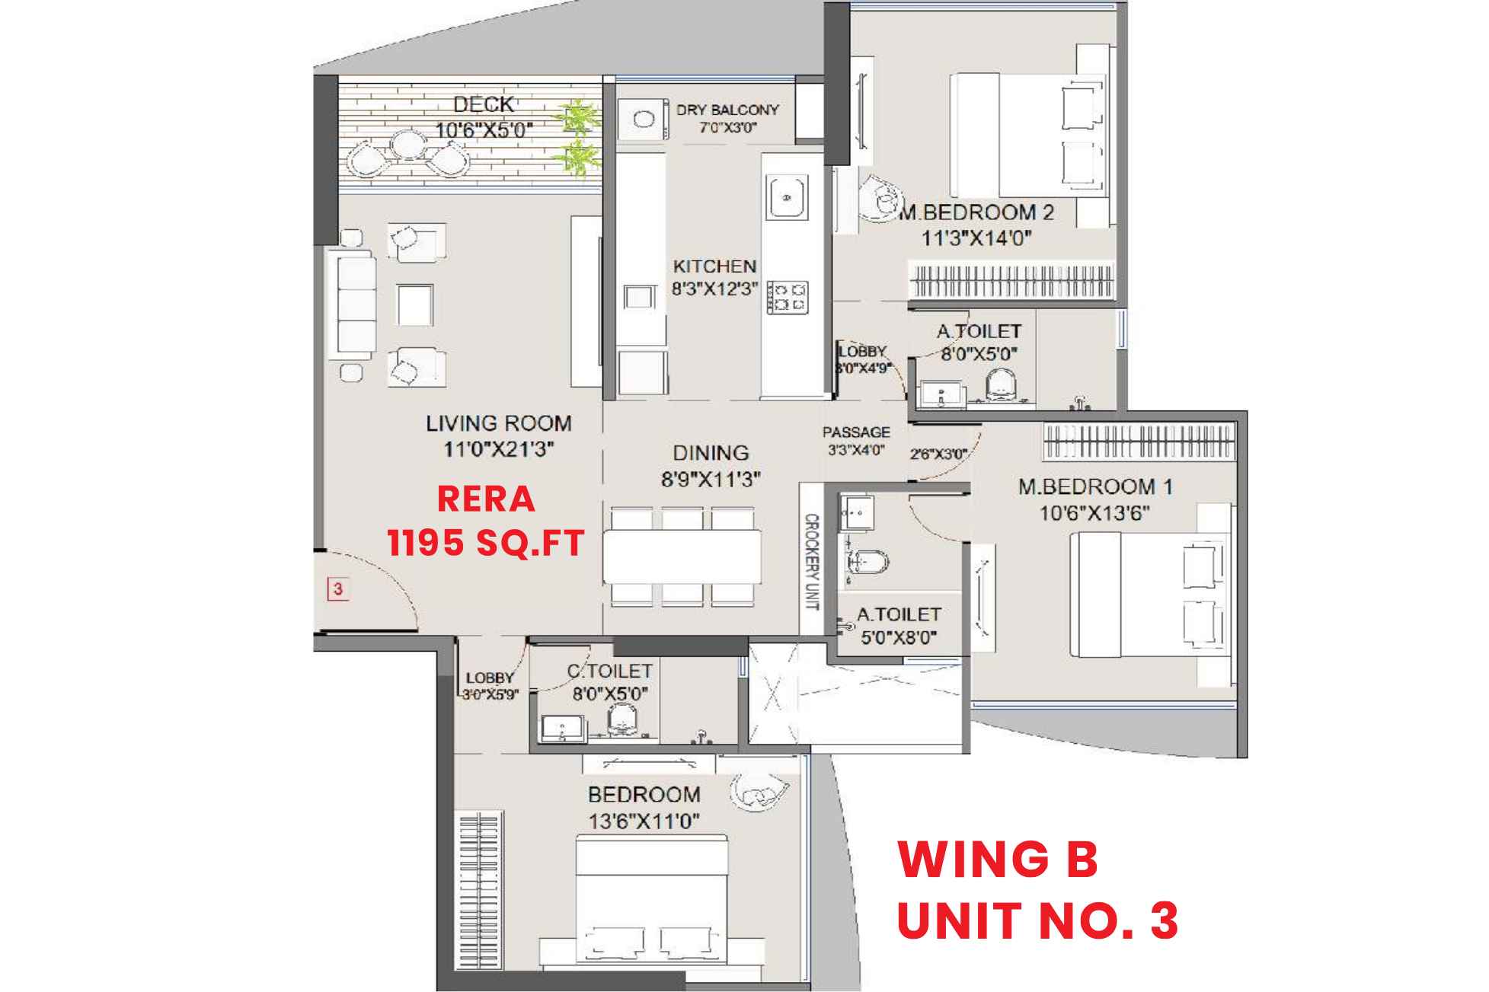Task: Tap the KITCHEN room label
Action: [x=714, y=266]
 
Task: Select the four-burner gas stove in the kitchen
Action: [x=788, y=297]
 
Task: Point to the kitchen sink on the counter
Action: [x=787, y=196]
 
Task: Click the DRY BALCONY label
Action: [x=727, y=110]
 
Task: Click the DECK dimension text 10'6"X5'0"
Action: [x=484, y=130]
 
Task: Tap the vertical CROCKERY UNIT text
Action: [x=812, y=562]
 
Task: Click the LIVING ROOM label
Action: [x=498, y=423]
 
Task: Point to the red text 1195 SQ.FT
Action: [x=486, y=543]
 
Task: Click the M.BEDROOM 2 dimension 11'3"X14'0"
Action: [x=976, y=238]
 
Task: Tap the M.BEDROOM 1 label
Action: [x=1095, y=486]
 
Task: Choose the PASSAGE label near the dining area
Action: [x=856, y=432]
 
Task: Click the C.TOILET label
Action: [x=609, y=671]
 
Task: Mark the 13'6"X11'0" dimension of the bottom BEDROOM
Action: [x=644, y=821]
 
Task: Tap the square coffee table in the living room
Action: [x=414, y=304]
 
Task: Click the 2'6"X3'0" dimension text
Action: [x=938, y=455]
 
